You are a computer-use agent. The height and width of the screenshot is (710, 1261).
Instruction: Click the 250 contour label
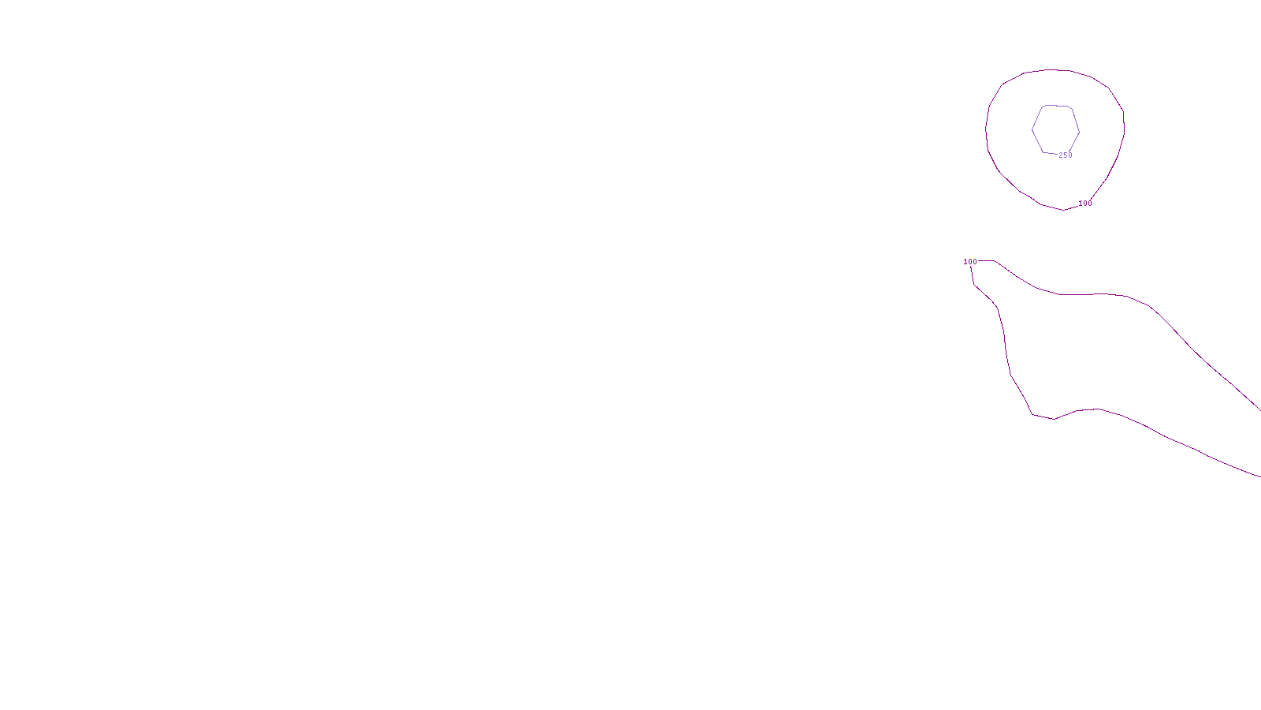point(1066,155)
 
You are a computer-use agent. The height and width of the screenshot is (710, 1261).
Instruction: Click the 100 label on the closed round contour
point(1085,204)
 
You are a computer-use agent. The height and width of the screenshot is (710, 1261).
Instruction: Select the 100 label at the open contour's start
point(970,262)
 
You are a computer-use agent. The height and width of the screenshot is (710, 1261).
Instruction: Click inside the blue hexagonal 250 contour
point(1055,129)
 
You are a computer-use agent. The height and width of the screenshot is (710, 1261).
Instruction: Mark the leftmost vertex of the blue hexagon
point(1032,129)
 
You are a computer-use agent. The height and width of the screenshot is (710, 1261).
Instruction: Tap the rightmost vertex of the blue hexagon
point(1079,130)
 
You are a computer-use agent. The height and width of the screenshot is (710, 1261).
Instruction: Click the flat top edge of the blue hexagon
point(1056,105)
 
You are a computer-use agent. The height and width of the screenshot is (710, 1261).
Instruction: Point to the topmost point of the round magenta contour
point(1052,70)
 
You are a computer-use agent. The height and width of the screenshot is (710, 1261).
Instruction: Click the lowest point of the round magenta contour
point(1063,210)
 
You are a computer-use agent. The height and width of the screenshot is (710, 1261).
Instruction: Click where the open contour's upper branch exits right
point(1259,409)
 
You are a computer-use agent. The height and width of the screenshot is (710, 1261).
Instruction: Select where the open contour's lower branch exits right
point(1259,476)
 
